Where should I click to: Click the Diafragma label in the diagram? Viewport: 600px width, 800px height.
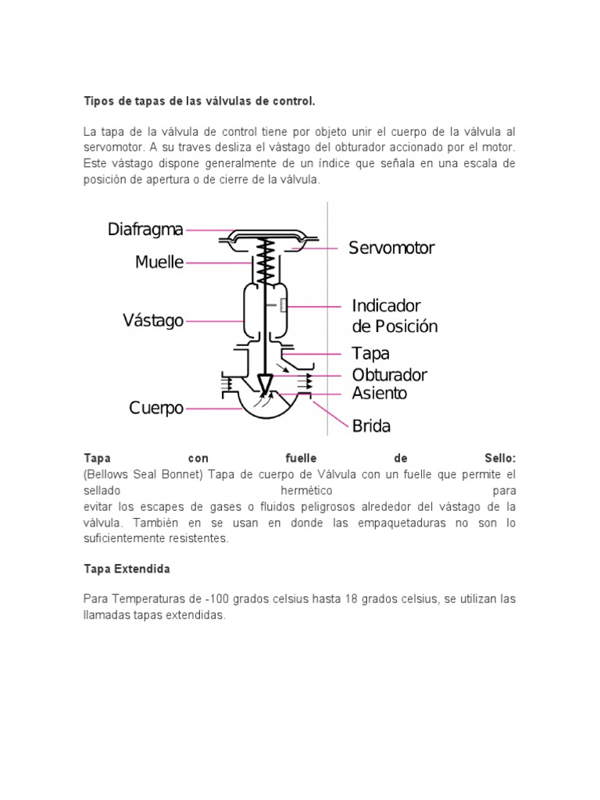pos(146,230)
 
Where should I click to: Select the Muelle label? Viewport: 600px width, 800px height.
pos(159,262)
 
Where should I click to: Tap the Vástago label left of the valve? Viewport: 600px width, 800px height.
pos(153,320)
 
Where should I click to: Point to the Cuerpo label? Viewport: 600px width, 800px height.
pos(156,408)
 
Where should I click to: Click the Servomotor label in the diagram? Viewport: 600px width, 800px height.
pos(391,248)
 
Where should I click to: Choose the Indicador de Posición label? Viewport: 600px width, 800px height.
pos(394,316)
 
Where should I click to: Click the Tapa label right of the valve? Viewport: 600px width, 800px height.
pos(370,354)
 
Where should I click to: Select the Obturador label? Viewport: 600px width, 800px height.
pos(389,375)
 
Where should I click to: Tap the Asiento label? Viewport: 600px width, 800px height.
pos(379,393)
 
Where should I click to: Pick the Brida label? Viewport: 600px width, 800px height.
pos(370,427)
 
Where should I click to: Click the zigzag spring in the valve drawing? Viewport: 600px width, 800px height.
pos(266,262)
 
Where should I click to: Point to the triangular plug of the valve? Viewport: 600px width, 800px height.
pos(266,384)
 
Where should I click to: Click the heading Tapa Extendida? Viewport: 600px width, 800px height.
pos(127,570)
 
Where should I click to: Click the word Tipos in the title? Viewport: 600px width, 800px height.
pos(99,102)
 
